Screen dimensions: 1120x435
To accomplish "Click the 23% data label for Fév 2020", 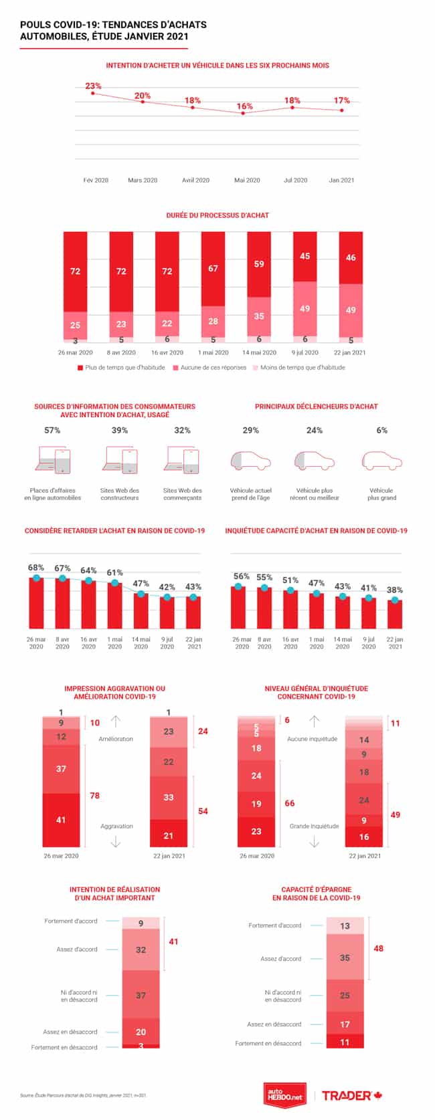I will coord(93,86).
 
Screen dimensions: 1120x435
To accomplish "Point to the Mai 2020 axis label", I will coord(247,180).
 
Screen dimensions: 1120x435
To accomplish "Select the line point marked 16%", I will coord(243,113).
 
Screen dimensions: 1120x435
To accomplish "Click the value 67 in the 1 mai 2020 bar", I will coord(213,268).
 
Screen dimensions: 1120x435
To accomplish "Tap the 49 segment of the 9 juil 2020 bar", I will coord(304,308).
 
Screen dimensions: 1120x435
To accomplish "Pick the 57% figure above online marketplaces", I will coord(52,430).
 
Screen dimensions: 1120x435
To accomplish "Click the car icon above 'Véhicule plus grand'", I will coord(381,461).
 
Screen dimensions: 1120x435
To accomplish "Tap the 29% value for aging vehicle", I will coord(250,430).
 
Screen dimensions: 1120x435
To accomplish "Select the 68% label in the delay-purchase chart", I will coord(36,568).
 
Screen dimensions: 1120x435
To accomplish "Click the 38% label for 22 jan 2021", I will coord(395,590).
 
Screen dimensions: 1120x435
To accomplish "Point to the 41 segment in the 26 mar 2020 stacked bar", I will coord(61,819).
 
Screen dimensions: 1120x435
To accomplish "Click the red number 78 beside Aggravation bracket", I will coord(94,795).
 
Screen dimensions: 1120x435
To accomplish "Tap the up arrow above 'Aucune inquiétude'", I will coord(314,721).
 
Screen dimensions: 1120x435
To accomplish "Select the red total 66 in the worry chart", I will coord(289,803).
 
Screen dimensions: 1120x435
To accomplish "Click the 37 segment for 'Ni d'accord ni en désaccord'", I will coord(141,995).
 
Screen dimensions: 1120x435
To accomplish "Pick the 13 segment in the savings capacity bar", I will coord(345,926).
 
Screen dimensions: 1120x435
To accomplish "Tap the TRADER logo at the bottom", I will coord(351,1095).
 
